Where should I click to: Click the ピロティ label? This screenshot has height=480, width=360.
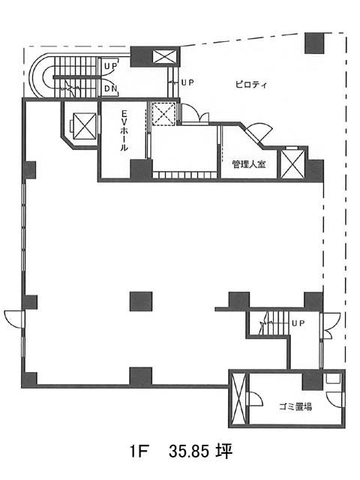[251, 85]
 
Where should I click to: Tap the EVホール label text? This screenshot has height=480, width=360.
[124, 130]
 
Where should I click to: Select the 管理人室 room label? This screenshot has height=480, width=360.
[248, 164]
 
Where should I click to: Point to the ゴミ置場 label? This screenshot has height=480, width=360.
[295, 406]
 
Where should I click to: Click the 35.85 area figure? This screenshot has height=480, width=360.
[189, 451]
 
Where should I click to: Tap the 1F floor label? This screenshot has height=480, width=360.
[139, 451]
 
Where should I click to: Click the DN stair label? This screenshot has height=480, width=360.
[111, 88]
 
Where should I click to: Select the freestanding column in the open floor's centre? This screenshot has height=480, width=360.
[141, 301]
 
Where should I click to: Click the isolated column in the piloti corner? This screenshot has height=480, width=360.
[314, 43]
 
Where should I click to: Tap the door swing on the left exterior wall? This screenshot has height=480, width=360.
[13, 319]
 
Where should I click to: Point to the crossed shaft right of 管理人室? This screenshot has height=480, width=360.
[293, 163]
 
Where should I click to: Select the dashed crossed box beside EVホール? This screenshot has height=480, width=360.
[164, 114]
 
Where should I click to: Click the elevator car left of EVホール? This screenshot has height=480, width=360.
[85, 126]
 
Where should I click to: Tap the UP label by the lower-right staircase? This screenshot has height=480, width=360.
[298, 323]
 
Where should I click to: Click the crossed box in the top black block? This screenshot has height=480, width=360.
[165, 57]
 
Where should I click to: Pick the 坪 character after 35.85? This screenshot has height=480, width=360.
[223, 451]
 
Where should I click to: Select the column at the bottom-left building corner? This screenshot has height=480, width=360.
[29, 379]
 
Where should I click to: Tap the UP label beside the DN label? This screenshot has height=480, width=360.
[111, 65]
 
